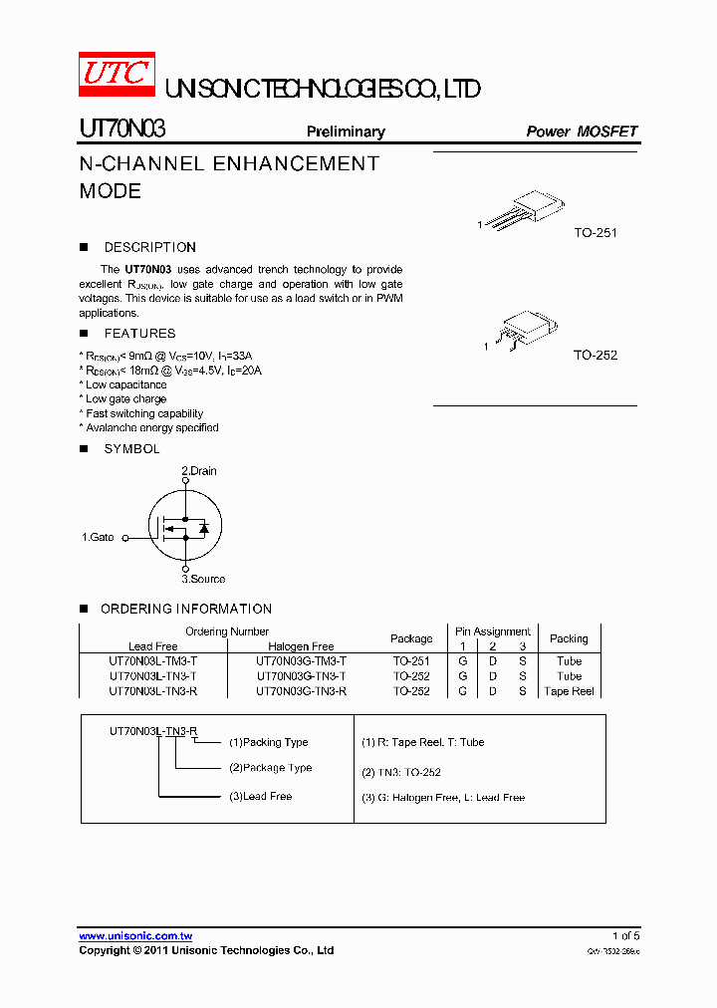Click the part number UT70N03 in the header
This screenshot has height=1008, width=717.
(x=122, y=129)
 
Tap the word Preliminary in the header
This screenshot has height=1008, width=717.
(x=346, y=131)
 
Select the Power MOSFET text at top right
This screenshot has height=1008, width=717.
(x=582, y=131)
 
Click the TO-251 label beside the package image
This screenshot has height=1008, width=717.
(x=596, y=233)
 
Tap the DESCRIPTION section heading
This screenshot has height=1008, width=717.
(x=149, y=247)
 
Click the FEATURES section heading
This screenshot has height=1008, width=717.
(x=139, y=334)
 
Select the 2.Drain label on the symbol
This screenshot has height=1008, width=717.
(x=198, y=471)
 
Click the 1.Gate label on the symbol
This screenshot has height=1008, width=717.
(x=98, y=537)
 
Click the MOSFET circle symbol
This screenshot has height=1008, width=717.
(x=184, y=526)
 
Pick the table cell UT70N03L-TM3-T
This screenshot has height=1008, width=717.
(x=153, y=661)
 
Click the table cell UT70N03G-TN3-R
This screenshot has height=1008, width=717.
(x=301, y=691)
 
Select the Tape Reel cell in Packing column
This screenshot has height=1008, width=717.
(x=569, y=691)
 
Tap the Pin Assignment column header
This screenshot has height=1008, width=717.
(x=493, y=631)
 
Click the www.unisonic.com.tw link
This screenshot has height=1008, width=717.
(x=135, y=936)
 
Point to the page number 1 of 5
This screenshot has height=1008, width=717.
(x=625, y=936)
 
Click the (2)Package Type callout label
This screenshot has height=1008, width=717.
(x=270, y=768)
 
